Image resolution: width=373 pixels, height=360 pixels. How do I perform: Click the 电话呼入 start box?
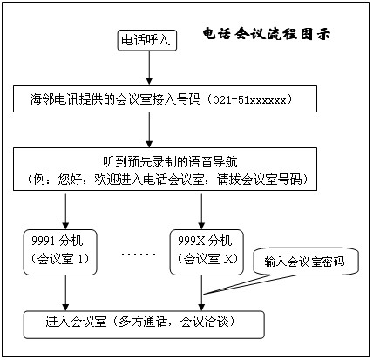point(147,40)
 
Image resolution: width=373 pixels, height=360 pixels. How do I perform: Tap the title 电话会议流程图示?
point(267,34)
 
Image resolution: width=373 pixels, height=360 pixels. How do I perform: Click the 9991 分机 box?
point(60,252)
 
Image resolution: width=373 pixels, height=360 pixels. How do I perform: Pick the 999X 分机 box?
point(207,252)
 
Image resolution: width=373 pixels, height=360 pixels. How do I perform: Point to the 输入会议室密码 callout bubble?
point(305,262)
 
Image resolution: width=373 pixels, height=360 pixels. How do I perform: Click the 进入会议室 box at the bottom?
point(144,325)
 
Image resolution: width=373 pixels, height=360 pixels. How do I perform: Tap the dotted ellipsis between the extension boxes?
point(139,255)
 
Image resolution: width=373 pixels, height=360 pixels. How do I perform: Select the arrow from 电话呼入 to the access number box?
point(149,68)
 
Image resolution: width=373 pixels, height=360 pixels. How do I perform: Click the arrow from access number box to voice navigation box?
point(149,130)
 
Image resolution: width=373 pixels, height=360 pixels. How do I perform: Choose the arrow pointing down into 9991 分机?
point(65,210)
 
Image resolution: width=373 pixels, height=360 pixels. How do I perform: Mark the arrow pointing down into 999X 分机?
point(201,210)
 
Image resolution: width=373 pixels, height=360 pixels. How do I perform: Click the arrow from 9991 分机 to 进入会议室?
point(65,293)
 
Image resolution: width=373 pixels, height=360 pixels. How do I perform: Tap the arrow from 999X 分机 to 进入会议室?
point(201,293)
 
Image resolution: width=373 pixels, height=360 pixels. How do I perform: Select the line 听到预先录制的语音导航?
point(171,162)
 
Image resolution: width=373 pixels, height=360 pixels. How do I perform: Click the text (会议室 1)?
point(60,259)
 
